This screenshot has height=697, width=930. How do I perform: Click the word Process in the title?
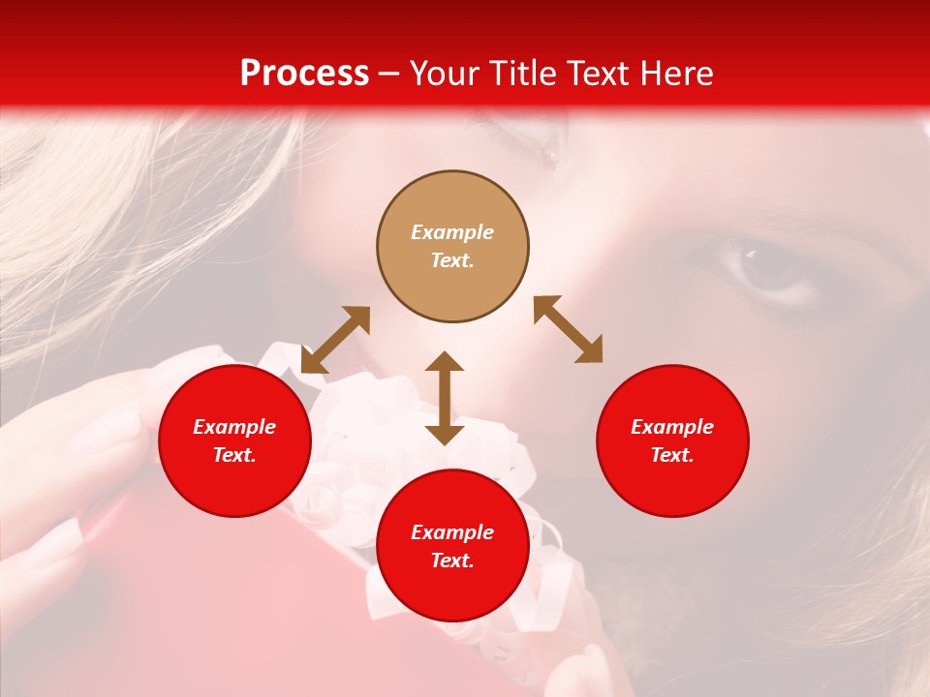pos(304,74)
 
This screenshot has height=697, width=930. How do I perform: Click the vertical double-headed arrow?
pos(445,398)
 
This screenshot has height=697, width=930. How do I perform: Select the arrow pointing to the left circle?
pos(335,340)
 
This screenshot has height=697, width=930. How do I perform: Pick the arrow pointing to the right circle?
pos(568,329)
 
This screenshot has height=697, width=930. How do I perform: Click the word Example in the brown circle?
pos(452,232)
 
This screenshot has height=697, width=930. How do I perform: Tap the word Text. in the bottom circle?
pos(452,561)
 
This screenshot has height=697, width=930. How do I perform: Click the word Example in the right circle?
pos(672,427)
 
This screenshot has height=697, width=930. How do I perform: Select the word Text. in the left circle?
pos(234,455)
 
